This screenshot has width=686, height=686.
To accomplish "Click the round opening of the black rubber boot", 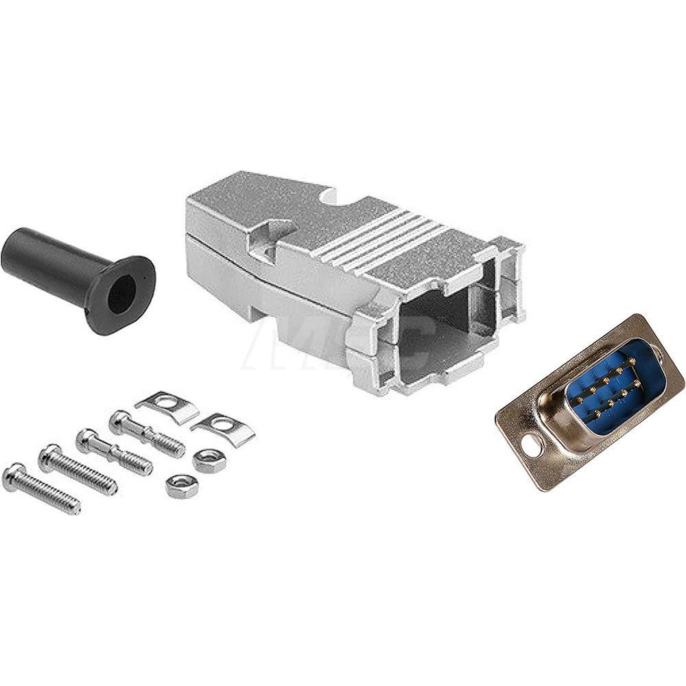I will pyautogui.click(x=123, y=294).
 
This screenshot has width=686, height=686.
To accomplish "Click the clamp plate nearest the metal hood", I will pyautogui.click(x=224, y=429).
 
